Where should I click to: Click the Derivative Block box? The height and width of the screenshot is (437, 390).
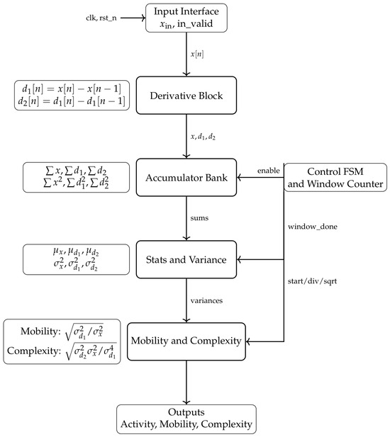186,96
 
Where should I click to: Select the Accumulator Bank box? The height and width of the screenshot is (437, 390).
186,178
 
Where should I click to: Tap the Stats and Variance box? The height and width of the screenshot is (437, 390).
186,259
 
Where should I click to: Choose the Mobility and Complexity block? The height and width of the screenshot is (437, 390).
186,341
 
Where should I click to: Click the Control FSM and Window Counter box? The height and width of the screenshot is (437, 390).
335,178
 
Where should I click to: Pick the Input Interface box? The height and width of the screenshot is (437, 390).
186,18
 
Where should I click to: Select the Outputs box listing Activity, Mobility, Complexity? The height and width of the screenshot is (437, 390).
186,419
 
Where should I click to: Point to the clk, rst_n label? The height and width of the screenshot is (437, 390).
101,18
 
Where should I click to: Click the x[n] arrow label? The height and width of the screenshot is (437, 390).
197,54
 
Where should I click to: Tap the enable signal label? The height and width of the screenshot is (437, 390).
268,171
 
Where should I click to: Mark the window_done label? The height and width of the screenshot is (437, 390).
313,227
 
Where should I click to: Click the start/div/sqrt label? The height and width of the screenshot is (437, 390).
312,281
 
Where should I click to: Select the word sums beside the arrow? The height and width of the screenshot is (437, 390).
199,218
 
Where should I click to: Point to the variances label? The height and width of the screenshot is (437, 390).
206,300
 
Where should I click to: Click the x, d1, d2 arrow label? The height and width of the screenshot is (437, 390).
203,137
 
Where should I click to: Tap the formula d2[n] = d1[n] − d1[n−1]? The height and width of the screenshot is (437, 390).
72,101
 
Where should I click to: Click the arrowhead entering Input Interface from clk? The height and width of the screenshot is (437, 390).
144,18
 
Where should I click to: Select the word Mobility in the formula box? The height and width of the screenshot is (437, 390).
39,331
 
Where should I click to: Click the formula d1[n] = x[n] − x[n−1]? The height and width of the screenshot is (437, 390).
72,89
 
